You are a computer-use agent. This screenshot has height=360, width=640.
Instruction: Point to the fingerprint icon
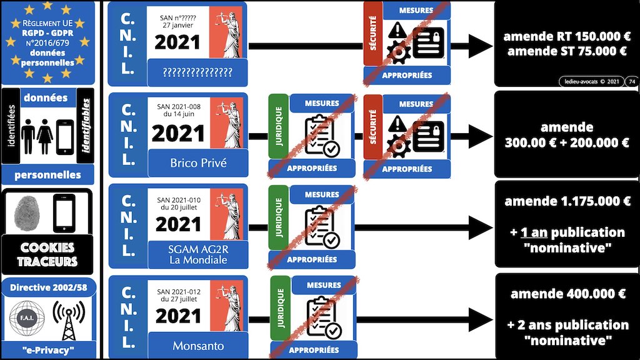(28, 212)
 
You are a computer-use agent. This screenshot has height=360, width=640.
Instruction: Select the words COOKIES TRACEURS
(47, 254)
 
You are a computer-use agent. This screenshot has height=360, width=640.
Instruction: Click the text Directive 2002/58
(47, 288)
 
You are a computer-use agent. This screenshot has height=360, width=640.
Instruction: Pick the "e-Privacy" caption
(47, 349)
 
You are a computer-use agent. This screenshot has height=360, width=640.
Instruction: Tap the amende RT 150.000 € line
(566, 37)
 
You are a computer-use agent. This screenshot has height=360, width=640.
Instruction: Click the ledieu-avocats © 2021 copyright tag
(589, 81)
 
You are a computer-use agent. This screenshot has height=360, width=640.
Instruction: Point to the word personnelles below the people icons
(47, 174)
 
